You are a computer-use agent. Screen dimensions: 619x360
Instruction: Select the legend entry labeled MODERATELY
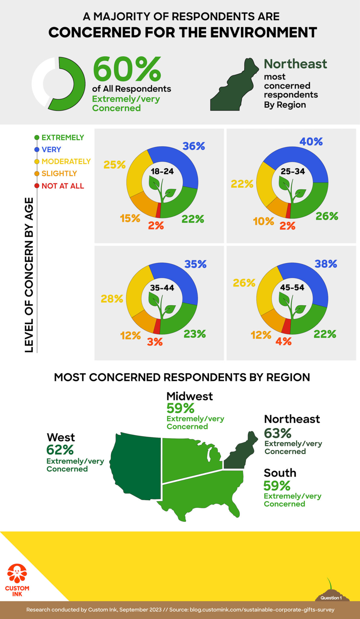click(66, 161)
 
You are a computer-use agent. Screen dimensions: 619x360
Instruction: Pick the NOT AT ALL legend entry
click(63, 186)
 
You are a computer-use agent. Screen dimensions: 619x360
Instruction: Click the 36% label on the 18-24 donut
click(194, 146)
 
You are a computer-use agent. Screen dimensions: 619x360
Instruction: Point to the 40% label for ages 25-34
click(311, 141)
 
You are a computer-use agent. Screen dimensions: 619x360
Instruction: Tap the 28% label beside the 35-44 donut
click(112, 299)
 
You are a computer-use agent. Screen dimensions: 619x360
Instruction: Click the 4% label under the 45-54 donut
click(283, 342)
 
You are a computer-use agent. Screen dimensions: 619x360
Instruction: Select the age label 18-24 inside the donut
click(162, 171)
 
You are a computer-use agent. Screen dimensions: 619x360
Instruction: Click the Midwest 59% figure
click(180, 408)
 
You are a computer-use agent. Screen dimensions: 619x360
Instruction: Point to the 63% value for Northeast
click(278, 433)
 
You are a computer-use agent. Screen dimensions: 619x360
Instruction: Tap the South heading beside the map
click(280, 473)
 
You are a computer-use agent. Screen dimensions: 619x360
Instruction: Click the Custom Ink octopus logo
click(17, 573)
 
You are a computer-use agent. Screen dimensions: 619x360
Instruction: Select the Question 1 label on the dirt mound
click(331, 598)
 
